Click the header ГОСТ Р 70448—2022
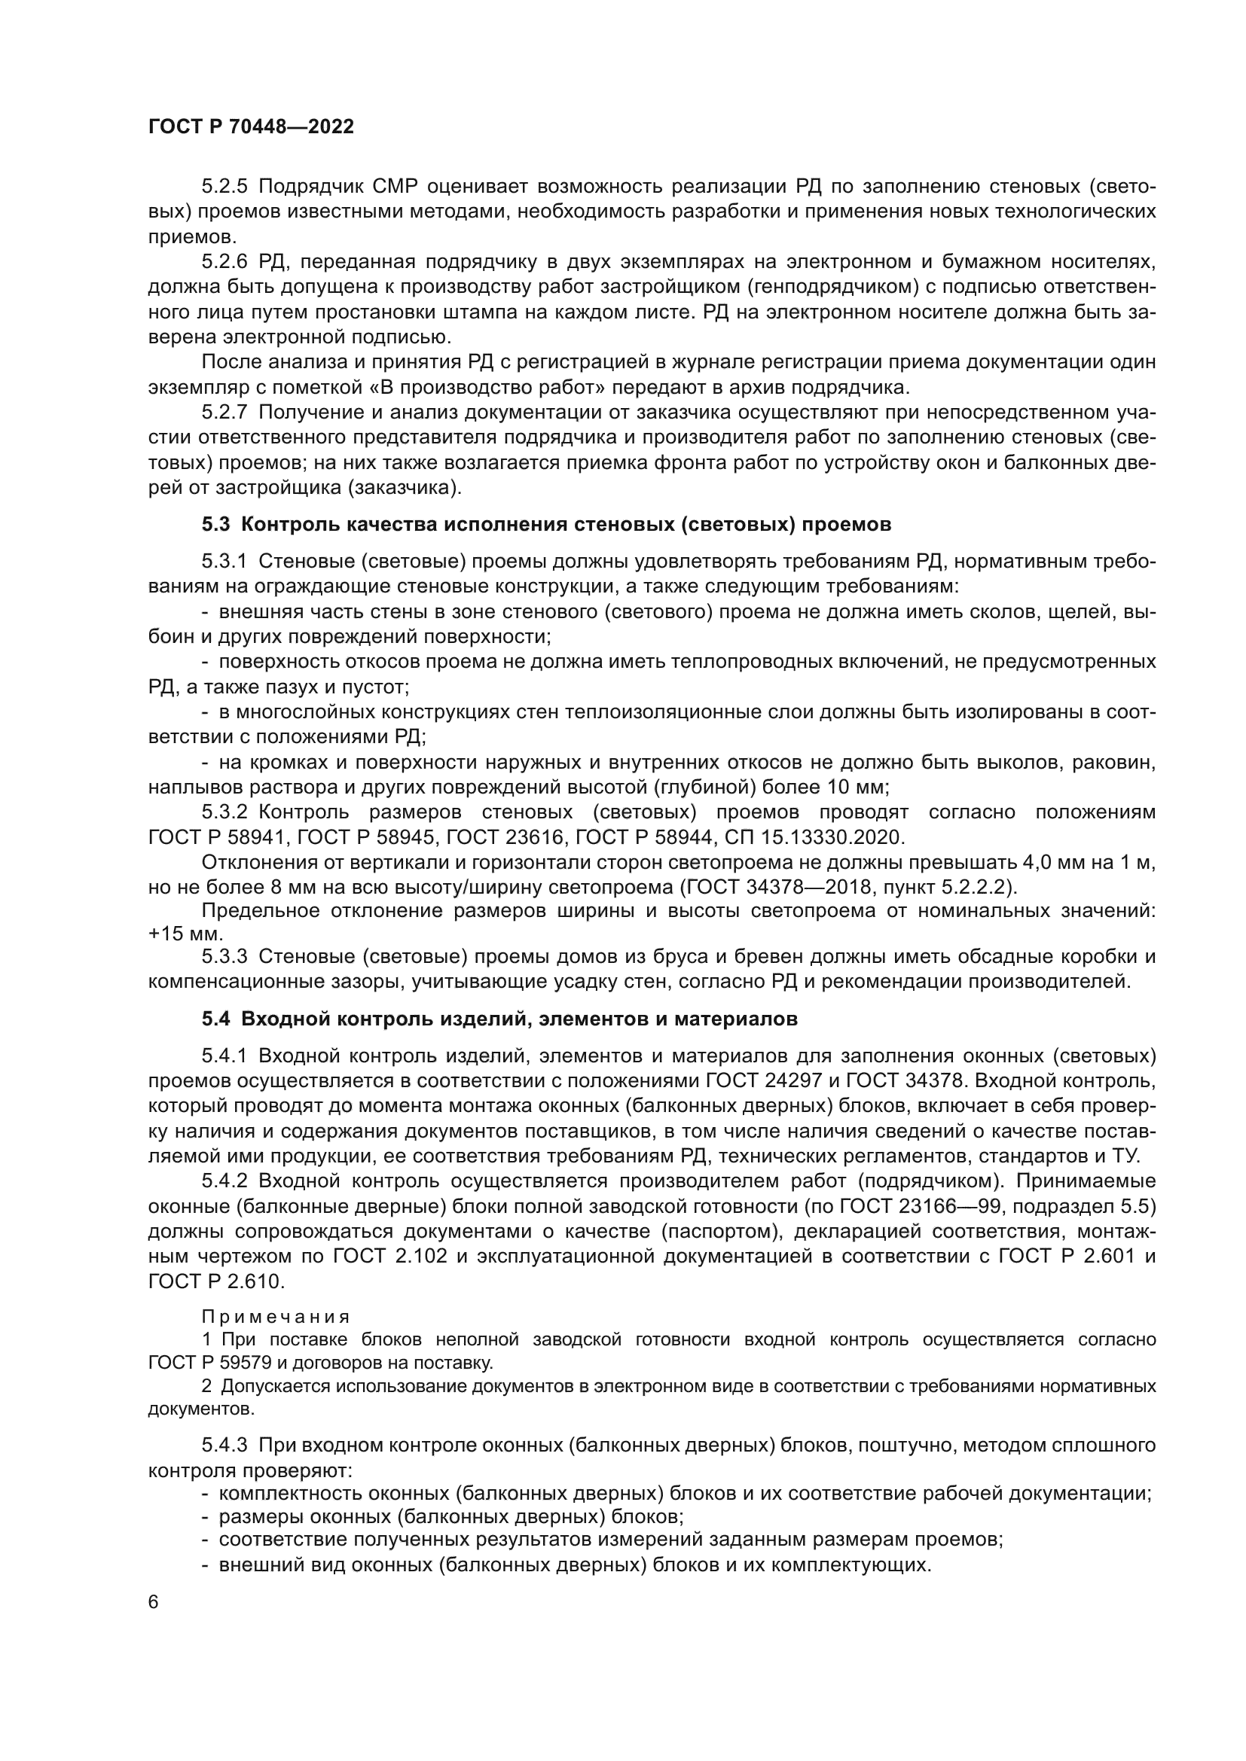pos(251,127)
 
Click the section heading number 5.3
pos(215,525)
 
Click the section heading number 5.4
pos(215,1019)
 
